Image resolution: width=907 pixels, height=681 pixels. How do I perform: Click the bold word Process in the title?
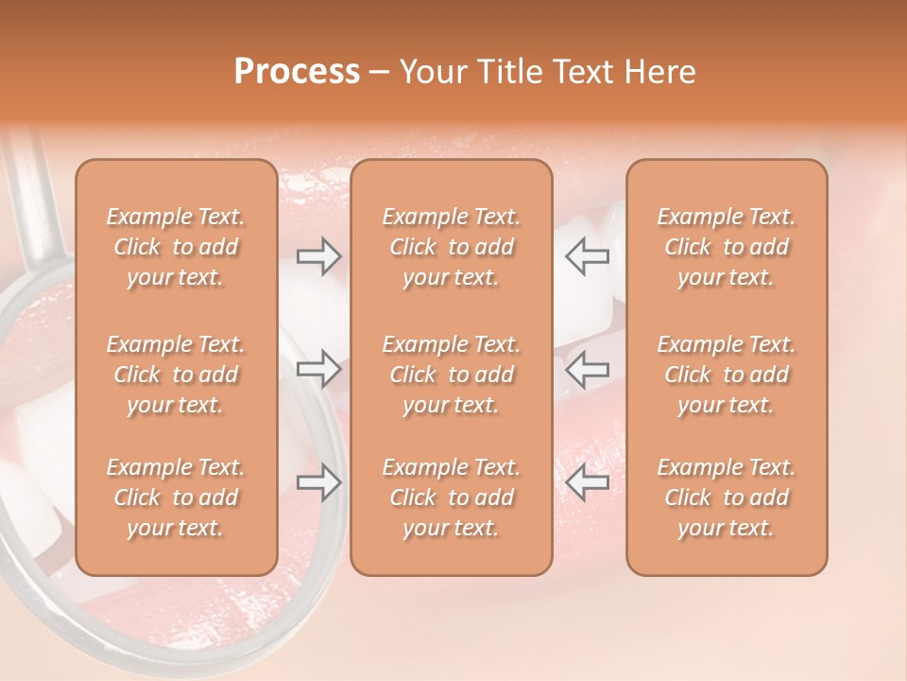pyautogui.click(x=297, y=72)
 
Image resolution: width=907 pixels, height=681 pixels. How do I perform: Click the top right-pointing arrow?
pyautogui.click(x=319, y=256)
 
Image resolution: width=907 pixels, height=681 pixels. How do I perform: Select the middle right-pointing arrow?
pyautogui.click(x=319, y=368)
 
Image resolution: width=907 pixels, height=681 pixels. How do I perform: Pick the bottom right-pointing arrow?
pyautogui.click(x=319, y=482)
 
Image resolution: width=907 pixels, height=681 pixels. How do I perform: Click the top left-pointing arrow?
pyautogui.click(x=587, y=256)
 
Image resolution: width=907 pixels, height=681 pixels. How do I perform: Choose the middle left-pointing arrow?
pyautogui.click(x=587, y=368)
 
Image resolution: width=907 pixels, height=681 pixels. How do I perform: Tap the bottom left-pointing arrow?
pyautogui.click(x=587, y=482)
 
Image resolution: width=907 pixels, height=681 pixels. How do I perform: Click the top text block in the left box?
pyautogui.click(x=176, y=247)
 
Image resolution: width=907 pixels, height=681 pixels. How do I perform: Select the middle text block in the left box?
pyautogui.click(x=176, y=375)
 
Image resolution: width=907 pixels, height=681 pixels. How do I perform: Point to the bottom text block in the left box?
pyautogui.click(x=176, y=498)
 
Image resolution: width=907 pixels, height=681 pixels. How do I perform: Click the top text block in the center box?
pyautogui.click(x=452, y=247)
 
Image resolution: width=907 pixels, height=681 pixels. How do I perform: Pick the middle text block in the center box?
pyautogui.click(x=452, y=375)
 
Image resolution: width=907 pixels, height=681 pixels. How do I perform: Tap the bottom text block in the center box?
pyautogui.click(x=452, y=498)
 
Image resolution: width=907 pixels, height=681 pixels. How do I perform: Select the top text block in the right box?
pyautogui.click(x=727, y=247)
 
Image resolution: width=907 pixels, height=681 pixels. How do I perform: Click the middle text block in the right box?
pyautogui.click(x=727, y=375)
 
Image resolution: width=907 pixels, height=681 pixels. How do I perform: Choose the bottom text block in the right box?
pyautogui.click(x=727, y=498)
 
